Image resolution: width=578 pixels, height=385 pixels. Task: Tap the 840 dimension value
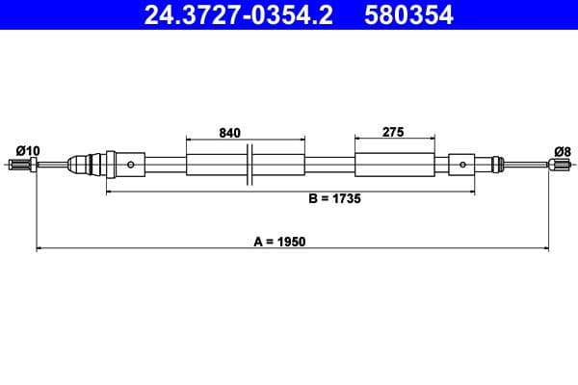(229, 133)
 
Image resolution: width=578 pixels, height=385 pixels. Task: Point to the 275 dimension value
(392, 133)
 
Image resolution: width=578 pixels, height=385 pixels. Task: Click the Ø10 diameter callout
(28, 149)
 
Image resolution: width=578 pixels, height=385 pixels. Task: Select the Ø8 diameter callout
(563, 149)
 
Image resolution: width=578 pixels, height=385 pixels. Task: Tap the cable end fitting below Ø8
(559, 165)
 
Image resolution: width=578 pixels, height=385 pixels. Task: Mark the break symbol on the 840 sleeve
(249, 165)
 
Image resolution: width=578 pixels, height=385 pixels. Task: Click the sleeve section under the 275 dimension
(392, 165)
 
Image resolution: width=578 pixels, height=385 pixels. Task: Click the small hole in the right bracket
(463, 165)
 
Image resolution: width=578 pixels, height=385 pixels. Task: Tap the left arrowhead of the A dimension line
(39, 250)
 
